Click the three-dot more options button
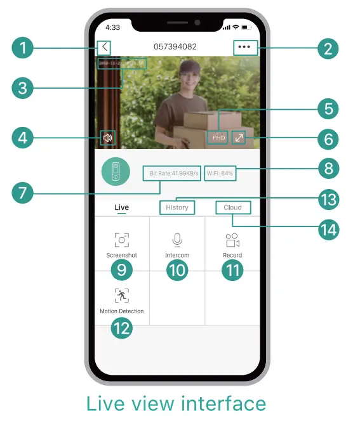point(244,48)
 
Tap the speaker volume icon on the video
point(109,138)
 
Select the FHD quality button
point(218,137)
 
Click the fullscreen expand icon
point(239,137)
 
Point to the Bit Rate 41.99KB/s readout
point(173,173)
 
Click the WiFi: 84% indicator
point(220,173)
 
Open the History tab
point(177,207)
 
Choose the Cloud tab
point(232,207)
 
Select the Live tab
point(121,207)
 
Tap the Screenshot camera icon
point(121,240)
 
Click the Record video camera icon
point(232,240)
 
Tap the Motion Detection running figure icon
point(121,295)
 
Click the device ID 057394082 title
point(175,47)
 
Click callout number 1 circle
point(23,48)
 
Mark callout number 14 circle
point(328,228)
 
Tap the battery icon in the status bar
point(246,28)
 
